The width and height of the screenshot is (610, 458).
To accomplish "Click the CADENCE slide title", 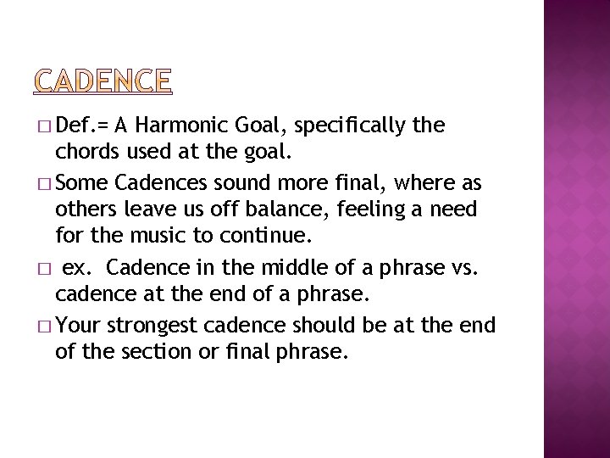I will tap(103, 81).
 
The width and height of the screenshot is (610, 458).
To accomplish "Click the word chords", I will tap(84, 154).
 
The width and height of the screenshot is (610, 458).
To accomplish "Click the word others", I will tap(82, 209).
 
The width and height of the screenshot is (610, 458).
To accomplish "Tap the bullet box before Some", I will tap(45, 183).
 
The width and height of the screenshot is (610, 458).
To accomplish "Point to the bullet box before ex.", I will tap(45, 270).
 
